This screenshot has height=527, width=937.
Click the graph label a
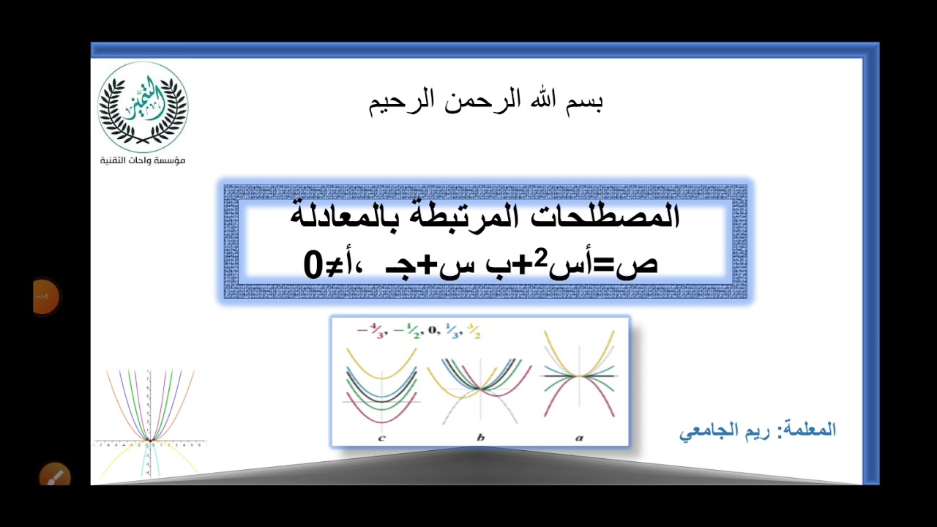[x=579, y=438]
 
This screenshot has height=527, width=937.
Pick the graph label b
[x=480, y=438]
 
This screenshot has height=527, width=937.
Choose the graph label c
[x=381, y=438]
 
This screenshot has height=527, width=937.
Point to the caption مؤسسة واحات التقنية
[x=143, y=160]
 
